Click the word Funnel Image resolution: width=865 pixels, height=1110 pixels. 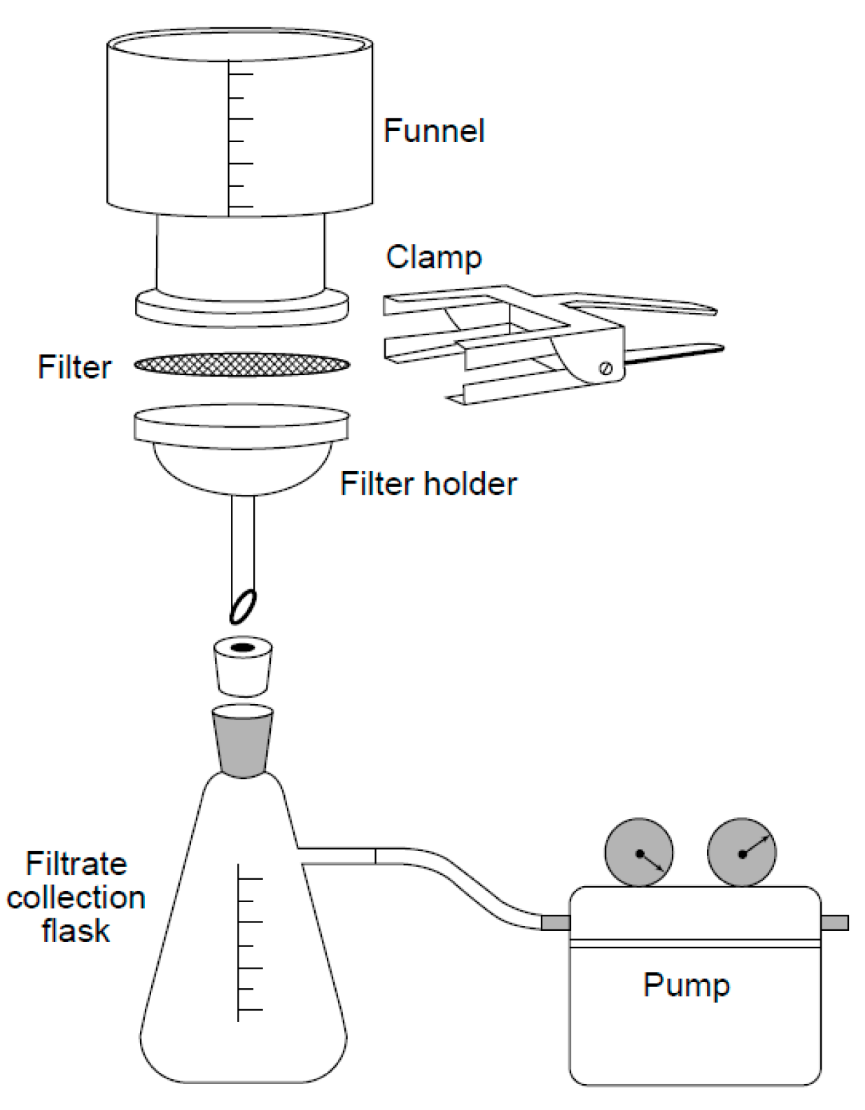(434, 132)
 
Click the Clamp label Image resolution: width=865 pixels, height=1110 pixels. (434, 257)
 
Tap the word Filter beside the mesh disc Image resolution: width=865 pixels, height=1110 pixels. (74, 367)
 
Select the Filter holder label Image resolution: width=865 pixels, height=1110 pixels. (428, 484)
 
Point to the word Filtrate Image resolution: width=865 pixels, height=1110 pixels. (76, 864)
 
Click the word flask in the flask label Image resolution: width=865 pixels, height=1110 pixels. (76, 932)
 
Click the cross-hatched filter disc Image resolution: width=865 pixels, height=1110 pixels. (241, 364)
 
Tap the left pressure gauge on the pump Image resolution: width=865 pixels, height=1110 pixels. (638, 852)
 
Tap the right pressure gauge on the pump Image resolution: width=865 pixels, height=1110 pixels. (742, 852)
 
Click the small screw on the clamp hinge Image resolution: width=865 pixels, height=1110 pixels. (606, 369)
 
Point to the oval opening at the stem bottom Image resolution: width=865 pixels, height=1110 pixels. (243, 607)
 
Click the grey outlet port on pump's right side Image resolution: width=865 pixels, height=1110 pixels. (834, 922)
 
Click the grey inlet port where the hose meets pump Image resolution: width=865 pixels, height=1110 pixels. (556, 922)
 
